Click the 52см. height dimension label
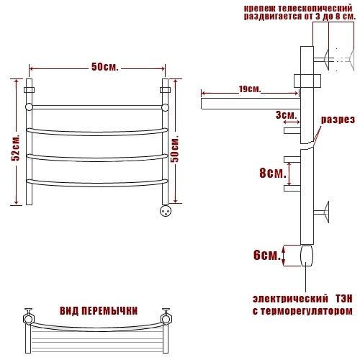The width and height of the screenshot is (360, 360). (16, 148)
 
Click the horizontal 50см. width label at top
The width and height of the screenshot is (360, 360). (105, 67)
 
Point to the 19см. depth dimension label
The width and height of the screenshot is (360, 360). (250, 89)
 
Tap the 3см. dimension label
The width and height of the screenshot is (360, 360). (286, 115)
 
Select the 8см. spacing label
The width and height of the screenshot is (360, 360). (273, 173)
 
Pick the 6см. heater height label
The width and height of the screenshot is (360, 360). (267, 255)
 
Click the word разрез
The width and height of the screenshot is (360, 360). (338, 120)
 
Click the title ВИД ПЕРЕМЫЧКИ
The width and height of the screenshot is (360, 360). (99, 311)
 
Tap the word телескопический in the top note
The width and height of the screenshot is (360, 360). (315, 9)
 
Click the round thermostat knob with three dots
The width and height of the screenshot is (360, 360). (166, 211)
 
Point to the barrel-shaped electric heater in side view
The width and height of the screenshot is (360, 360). (307, 256)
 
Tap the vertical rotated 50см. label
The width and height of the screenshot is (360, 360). (175, 149)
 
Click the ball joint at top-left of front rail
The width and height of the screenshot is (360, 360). (29, 107)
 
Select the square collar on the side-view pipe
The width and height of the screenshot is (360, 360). (307, 81)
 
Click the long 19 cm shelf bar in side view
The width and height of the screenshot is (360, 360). (251, 104)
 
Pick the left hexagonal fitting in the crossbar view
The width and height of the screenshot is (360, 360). (29, 319)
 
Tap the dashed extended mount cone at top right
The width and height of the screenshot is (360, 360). (351, 60)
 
